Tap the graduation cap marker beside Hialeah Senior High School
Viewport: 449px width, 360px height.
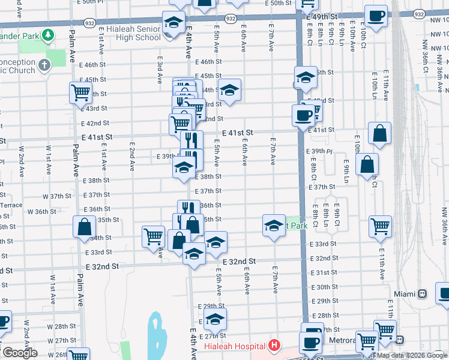coord(173,23)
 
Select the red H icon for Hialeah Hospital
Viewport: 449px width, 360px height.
coord(274,346)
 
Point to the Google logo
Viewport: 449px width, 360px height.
coord(19,353)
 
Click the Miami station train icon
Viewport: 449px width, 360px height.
coord(423,294)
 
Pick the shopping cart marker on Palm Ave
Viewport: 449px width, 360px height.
coord(80,93)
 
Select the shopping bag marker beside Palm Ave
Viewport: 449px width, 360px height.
coord(84,227)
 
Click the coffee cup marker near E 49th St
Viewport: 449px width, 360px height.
coord(376,16)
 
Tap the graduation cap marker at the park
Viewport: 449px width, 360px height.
coord(274,226)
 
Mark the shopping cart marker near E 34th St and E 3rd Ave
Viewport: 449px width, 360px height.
coord(153,236)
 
